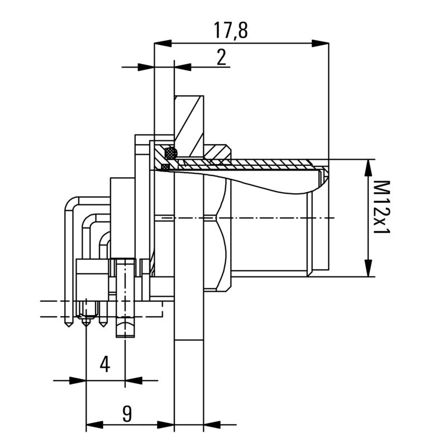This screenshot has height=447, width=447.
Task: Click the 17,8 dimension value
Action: pos(230,30)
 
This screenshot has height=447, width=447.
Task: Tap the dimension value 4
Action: pos(104,364)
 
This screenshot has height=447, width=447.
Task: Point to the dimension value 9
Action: pos(127,413)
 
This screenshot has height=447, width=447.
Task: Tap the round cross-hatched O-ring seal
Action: pos(170,151)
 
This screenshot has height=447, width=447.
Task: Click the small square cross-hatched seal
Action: pos(165,167)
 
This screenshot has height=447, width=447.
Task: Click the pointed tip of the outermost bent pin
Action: pos(68,325)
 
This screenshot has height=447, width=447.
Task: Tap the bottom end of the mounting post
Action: pos(126,336)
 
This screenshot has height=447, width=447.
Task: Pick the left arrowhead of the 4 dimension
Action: pos(78,381)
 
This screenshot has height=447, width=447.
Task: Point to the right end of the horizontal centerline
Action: pos(334,217)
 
